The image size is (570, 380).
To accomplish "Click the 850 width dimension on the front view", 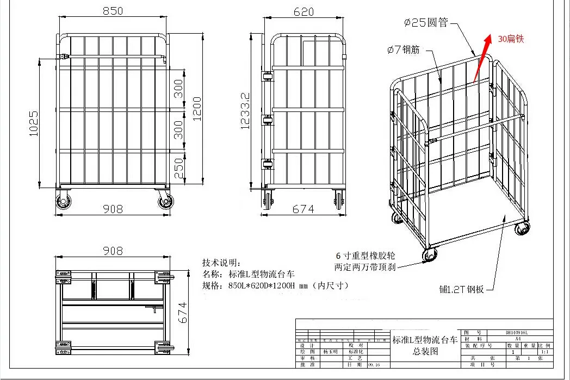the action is tap(113, 11).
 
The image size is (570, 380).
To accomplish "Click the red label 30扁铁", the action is tap(511, 39).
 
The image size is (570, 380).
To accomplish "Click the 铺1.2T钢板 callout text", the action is tap(467, 289).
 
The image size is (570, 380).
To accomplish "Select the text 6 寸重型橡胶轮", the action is tap(365, 256).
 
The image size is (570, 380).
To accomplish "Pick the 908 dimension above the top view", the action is tap(113, 251).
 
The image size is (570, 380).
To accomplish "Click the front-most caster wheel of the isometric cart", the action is tap(430, 254).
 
